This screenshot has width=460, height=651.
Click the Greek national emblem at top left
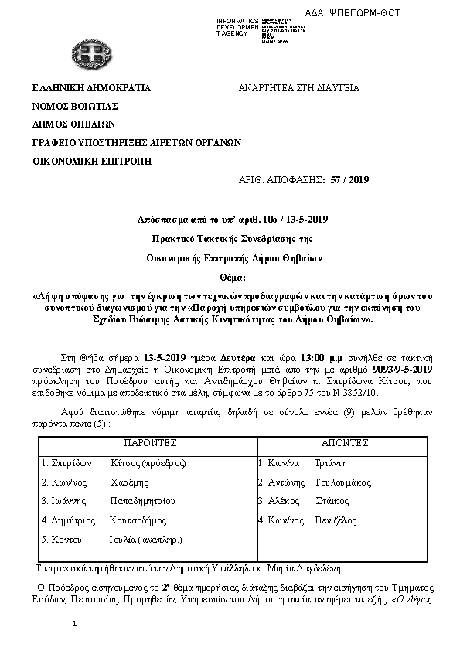coord(86,54)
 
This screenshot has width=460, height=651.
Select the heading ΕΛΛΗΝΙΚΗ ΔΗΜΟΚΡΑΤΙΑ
coord(91,88)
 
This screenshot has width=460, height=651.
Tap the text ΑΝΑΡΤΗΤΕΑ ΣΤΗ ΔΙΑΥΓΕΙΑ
coord(300,88)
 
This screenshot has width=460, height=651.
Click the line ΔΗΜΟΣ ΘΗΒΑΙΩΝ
coord(73,124)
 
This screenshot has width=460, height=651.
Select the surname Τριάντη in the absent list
coord(330,463)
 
